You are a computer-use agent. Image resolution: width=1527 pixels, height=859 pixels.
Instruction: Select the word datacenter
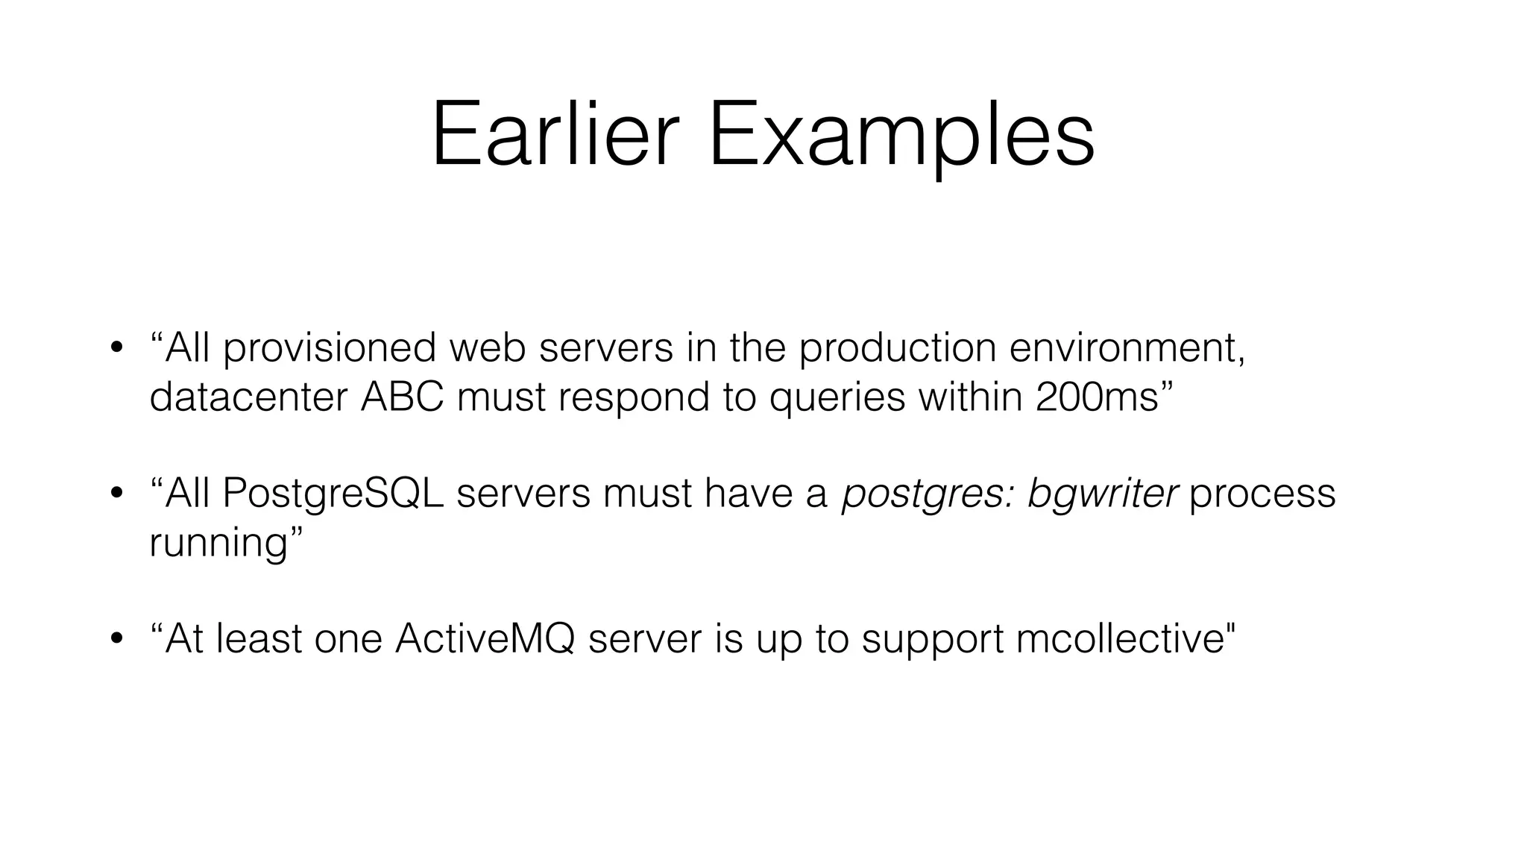click(248, 397)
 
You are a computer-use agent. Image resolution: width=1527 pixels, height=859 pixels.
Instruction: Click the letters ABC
click(402, 397)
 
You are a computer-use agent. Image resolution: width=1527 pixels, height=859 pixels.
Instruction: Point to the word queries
click(837, 398)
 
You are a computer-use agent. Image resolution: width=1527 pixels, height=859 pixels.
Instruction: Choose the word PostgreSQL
click(333, 494)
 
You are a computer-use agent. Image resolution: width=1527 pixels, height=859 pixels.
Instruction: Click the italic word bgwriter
click(1103, 494)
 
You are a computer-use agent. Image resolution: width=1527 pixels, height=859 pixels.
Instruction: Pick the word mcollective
click(1119, 639)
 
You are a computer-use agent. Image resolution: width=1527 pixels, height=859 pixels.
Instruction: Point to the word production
click(897, 348)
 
